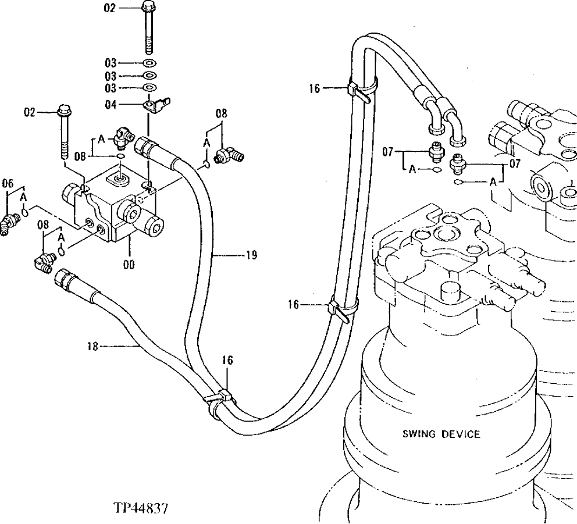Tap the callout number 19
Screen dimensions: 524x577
pyautogui.click(x=251, y=254)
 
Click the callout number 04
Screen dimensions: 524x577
pyautogui.click(x=110, y=105)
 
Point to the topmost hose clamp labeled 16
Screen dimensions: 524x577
pyautogui.click(x=356, y=90)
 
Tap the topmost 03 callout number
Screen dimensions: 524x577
pyautogui.click(x=110, y=63)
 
